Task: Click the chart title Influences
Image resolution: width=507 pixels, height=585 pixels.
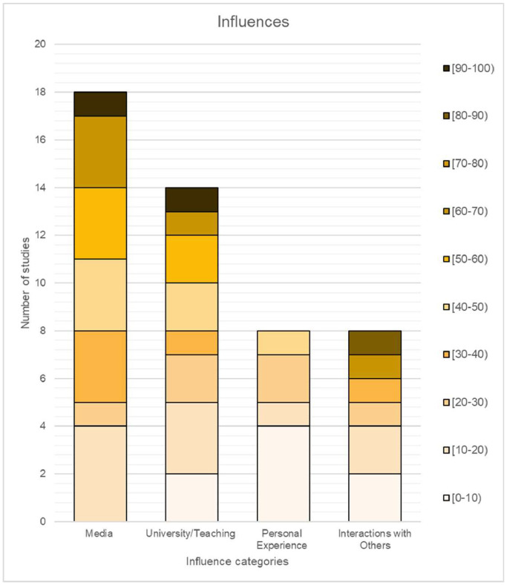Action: pyautogui.click(x=252, y=22)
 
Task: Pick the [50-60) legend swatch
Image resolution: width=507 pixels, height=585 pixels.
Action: pyautogui.click(x=446, y=259)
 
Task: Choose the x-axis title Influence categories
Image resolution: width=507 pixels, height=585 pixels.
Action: pyautogui.click(x=237, y=561)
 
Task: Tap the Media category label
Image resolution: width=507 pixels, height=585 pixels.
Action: pyautogui.click(x=99, y=533)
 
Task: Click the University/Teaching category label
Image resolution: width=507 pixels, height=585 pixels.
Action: pyautogui.click(x=192, y=533)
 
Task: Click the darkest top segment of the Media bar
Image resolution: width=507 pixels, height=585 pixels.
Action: pyautogui.click(x=99, y=104)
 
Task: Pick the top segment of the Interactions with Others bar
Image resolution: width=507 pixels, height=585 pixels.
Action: pyautogui.click(x=375, y=343)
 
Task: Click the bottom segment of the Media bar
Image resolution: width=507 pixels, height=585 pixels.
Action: pyautogui.click(x=99, y=474)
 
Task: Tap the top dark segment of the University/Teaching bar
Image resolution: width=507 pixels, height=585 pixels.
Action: pyautogui.click(x=192, y=199)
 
